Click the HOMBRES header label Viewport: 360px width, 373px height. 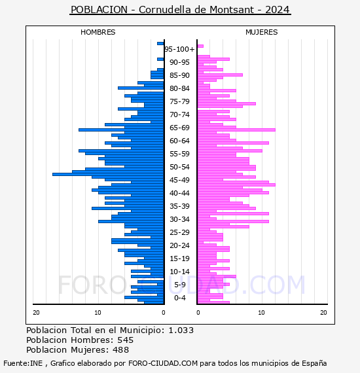pyautogui.click(x=98, y=32)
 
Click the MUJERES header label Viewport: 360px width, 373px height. pyautogui.click(x=262, y=32)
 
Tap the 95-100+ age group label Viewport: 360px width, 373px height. pyautogui.click(x=179, y=49)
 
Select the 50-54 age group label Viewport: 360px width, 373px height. pyautogui.click(x=179, y=167)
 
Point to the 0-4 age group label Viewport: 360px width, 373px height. pyautogui.click(x=179, y=298)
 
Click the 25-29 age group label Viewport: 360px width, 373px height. pyautogui.click(x=179, y=232)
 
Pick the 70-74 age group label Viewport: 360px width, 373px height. pyautogui.click(x=179, y=115)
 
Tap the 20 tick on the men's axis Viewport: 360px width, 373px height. pyautogui.click(x=36, y=313)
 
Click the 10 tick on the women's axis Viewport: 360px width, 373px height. pyautogui.click(x=261, y=313)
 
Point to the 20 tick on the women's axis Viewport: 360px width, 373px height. pyautogui.click(x=323, y=313)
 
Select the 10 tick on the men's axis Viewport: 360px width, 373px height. pyautogui.click(x=98, y=313)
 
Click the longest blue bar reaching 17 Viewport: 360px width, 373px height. pyautogui.click(x=108, y=174)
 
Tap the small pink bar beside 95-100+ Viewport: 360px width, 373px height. pyautogui.click(x=200, y=46)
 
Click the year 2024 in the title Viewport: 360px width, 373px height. pyautogui.click(x=278, y=10)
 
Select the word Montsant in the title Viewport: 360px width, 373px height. pyautogui.click(x=232, y=10)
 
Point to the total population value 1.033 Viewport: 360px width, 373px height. pyautogui.click(x=181, y=330)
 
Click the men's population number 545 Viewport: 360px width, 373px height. pyautogui.click(x=126, y=340)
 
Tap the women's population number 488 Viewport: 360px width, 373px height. pyautogui.click(x=120, y=349)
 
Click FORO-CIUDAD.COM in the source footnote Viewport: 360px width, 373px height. pyautogui.click(x=163, y=363)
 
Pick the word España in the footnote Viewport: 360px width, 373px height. pyautogui.click(x=314, y=363)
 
